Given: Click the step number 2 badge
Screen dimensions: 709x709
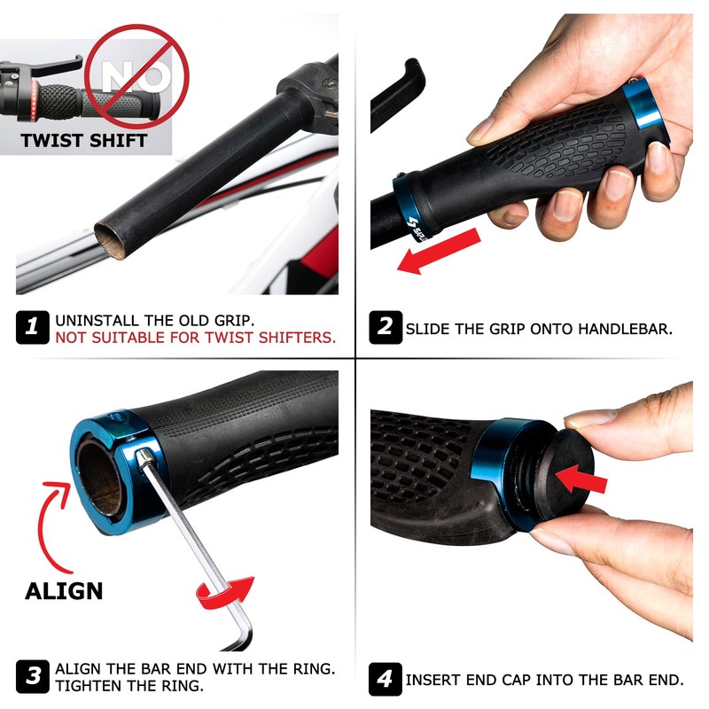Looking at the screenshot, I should tap(386, 327).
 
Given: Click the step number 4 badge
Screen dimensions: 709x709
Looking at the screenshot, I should tap(386, 680).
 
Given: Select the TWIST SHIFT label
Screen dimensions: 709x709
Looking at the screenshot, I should tap(83, 140).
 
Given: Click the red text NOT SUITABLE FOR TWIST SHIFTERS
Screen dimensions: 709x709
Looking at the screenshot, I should tap(195, 337).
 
